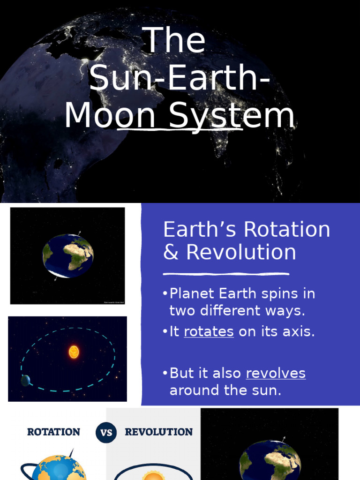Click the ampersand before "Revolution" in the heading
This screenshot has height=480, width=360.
tap(171, 252)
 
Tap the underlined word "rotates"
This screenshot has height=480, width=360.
tap(209, 331)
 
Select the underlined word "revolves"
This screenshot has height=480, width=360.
tap(276, 373)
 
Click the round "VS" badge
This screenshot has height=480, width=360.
tap(106, 432)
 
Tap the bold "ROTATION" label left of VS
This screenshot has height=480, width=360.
tap(53, 432)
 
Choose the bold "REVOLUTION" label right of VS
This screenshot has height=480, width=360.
tap(158, 432)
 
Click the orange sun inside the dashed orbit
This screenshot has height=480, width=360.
tap(74, 352)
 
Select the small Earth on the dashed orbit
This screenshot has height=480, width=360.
tap(25, 381)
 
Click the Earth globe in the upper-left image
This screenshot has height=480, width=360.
tap(68, 255)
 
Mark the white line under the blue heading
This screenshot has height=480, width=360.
tap(226, 274)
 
